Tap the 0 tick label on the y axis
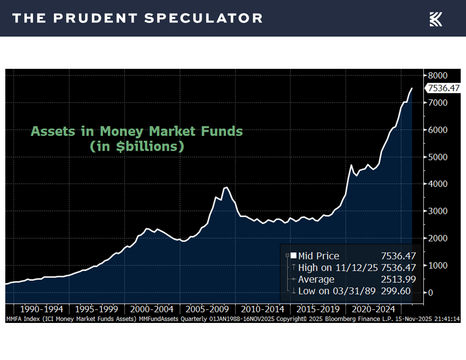(x=431, y=292)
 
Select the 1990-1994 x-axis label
(x=41, y=309)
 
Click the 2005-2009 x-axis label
(x=207, y=309)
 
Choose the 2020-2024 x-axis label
(x=373, y=309)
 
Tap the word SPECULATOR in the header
(x=203, y=18)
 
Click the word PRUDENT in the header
(x=96, y=18)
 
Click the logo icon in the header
(x=436, y=19)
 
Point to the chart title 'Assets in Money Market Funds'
(x=137, y=131)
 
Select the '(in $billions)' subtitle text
(x=137, y=146)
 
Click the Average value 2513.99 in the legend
(x=398, y=279)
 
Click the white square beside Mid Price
(x=293, y=255)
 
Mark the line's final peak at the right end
(x=412, y=88)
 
